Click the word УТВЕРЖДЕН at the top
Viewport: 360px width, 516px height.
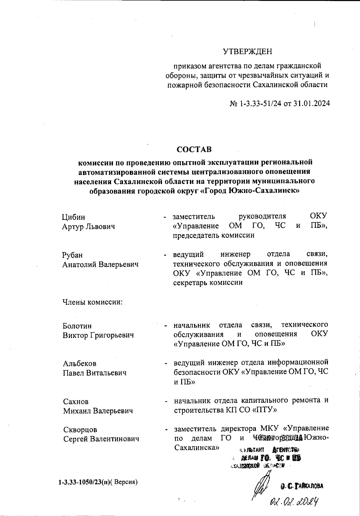tap(247, 52)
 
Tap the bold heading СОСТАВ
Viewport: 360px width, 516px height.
tap(194, 149)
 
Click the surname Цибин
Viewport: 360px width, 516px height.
tap(73, 217)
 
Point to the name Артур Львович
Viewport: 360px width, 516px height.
tap(88, 227)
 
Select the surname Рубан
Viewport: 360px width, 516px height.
tap(72, 255)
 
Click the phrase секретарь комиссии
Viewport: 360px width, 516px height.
tap(208, 282)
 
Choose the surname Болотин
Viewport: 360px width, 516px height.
tap(77, 326)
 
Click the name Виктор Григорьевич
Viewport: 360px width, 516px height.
tap(98, 335)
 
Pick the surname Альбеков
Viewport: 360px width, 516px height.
tap(79, 364)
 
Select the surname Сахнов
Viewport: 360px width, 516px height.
tap(76, 401)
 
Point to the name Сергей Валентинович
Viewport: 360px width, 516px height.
tap(101, 439)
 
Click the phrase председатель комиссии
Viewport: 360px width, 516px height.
tap(214, 235)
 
